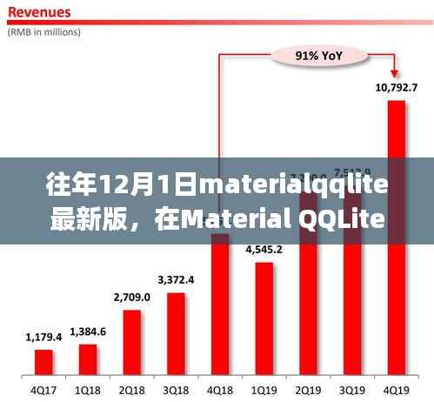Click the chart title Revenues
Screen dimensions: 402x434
point(40,14)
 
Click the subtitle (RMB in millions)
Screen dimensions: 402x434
point(45,32)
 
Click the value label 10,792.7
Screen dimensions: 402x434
point(396,87)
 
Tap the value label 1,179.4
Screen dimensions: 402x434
point(43,336)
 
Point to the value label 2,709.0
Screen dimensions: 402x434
point(132,297)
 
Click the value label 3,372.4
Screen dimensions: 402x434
point(176,279)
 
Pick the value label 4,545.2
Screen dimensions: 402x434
point(264,249)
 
